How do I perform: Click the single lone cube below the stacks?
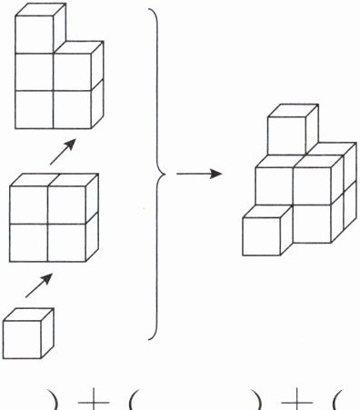click(x=28, y=334)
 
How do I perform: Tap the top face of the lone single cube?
click(x=29, y=315)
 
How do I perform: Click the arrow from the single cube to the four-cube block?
click(x=39, y=285)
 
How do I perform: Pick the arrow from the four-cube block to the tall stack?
click(x=63, y=152)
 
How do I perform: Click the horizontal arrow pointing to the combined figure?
click(x=199, y=174)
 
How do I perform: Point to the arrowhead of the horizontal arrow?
click(x=216, y=174)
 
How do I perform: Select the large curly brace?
click(x=157, y=174)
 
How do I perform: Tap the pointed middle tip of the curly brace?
click(x=165, y=174)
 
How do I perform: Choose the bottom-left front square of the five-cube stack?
click(x=35, y=110)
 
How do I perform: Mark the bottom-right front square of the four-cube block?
click(x=66, y=243)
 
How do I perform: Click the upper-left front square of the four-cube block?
click(x=28, y=205)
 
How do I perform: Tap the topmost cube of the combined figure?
click(x=293, y=129)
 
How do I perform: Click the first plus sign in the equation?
click(x=94, y=402)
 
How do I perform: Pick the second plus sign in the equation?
click(x=296, y=402)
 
